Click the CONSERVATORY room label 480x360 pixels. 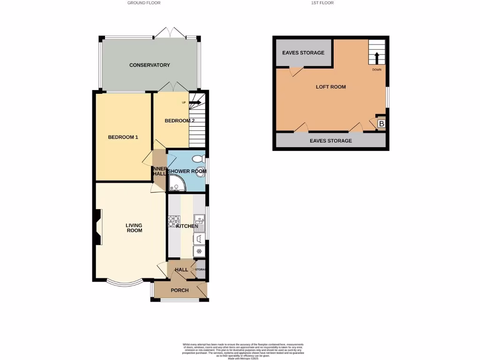(x=150, y=65)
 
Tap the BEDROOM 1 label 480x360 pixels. (x=123, y=137)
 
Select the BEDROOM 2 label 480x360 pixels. (x=180, y=120)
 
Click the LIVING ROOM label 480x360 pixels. (x=134, y=228)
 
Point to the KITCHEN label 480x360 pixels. (x=187, y=226)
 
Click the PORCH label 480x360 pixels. (x=180, y=290)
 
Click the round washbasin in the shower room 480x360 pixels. (x=202, y=171)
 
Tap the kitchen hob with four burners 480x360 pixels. (x=172, y=220)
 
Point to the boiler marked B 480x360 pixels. (x=381, y=124)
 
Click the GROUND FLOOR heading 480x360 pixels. (x=144, y=3)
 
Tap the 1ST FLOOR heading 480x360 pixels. (x=322, y=3)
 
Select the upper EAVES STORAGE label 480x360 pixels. (x=303, y=52)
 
